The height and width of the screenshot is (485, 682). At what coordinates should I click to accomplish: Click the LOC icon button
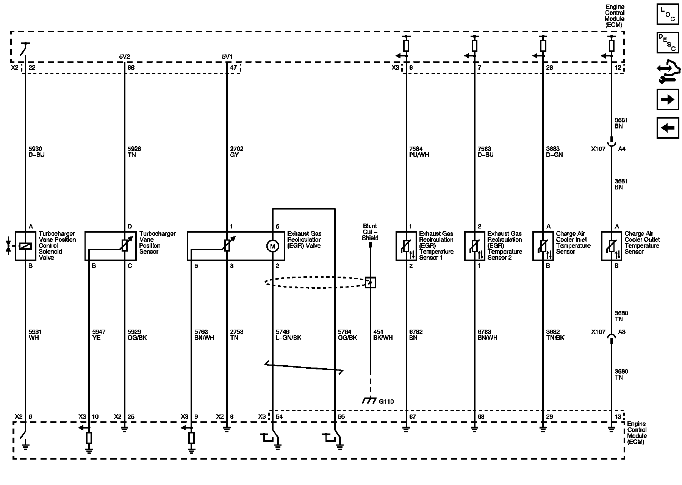pyautogui.click(x=668, y=14)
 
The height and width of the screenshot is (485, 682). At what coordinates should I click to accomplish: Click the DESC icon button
pyautogui.click(x=668, y=42)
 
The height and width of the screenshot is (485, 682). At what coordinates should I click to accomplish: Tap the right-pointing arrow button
pyautogui.click(x=668, y=99)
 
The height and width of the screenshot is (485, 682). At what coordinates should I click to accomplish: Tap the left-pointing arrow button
pyautogui.click(x=668, y=128)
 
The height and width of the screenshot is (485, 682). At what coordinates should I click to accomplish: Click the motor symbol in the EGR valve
pyautogui.click(x=272, y=246)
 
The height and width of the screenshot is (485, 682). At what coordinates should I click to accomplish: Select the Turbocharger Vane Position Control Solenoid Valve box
pyautogui.click(x=25, y=246)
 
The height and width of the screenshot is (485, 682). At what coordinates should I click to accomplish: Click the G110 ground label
pyautogui.click(x=386, y=402)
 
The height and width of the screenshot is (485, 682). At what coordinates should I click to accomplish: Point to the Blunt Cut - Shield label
pyautogui.click(x=370, y=232)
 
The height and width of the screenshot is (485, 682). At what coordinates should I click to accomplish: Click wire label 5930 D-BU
pyautogui.click(x=36, y=152)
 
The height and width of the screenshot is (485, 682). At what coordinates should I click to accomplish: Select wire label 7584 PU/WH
pyautogui.click(x=419, y=152)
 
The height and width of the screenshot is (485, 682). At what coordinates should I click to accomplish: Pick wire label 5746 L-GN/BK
pyautogui.click(x=288, y=335)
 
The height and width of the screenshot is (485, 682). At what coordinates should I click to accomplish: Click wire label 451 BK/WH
pyautogui.click(x=383, y=335)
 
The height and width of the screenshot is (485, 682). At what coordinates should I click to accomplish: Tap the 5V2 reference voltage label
pyautogui.click(x=125, y=57)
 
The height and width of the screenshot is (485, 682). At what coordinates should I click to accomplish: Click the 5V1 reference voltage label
pyautogui.click(x=227, y=57)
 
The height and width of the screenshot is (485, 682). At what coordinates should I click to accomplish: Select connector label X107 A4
pyautogui.click(x=608, y=149)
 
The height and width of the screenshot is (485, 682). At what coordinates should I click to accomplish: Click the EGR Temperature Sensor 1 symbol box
pyautogui.click(x=406, y=246)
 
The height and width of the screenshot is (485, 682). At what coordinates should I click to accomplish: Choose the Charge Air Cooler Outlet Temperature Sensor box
pyautogui.click(x=611, y=246)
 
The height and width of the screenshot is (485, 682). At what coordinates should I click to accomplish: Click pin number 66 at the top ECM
pyautogui.click(x=131, y=68)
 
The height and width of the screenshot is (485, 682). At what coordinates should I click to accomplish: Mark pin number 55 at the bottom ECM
pyautogui.click(x=341, y=417)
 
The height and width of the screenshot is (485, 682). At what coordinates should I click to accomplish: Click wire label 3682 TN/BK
pyautogui.click(x=555, y=335)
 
